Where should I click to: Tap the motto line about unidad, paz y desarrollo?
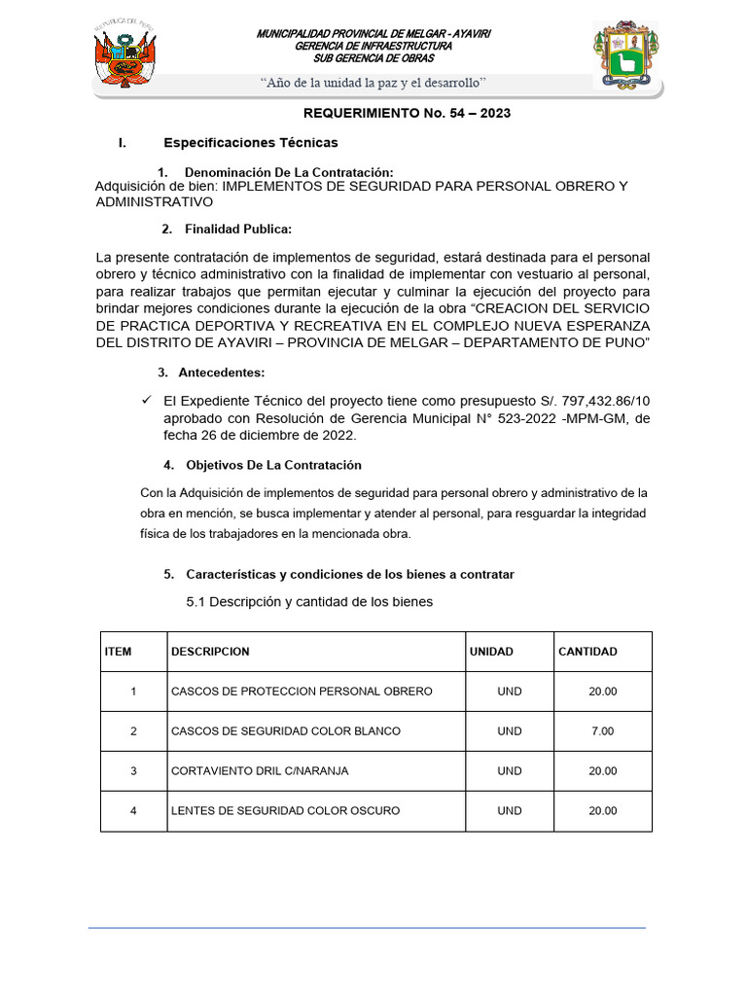click(x=373, y=83)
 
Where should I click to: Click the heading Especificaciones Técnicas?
click(x=251, y=143)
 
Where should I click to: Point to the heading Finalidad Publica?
click(x=238, y=230)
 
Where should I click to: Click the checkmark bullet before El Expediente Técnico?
click(x=147, y=400)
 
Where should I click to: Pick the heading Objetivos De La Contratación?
click(x=273, y=465)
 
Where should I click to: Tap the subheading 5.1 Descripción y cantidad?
click(x=309, y=602)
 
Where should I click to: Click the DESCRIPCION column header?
click(x=210, y=652)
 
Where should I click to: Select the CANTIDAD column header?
click(x=587, y=652)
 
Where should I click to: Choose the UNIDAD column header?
click(x=491, y=652)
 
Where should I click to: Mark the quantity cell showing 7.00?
click(x=602, y=731)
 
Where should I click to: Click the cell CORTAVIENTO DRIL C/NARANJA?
click(x=260, y=771)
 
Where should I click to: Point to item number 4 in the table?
click(x=133, y=811)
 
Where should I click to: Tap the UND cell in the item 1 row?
click(x=509, y=692)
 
